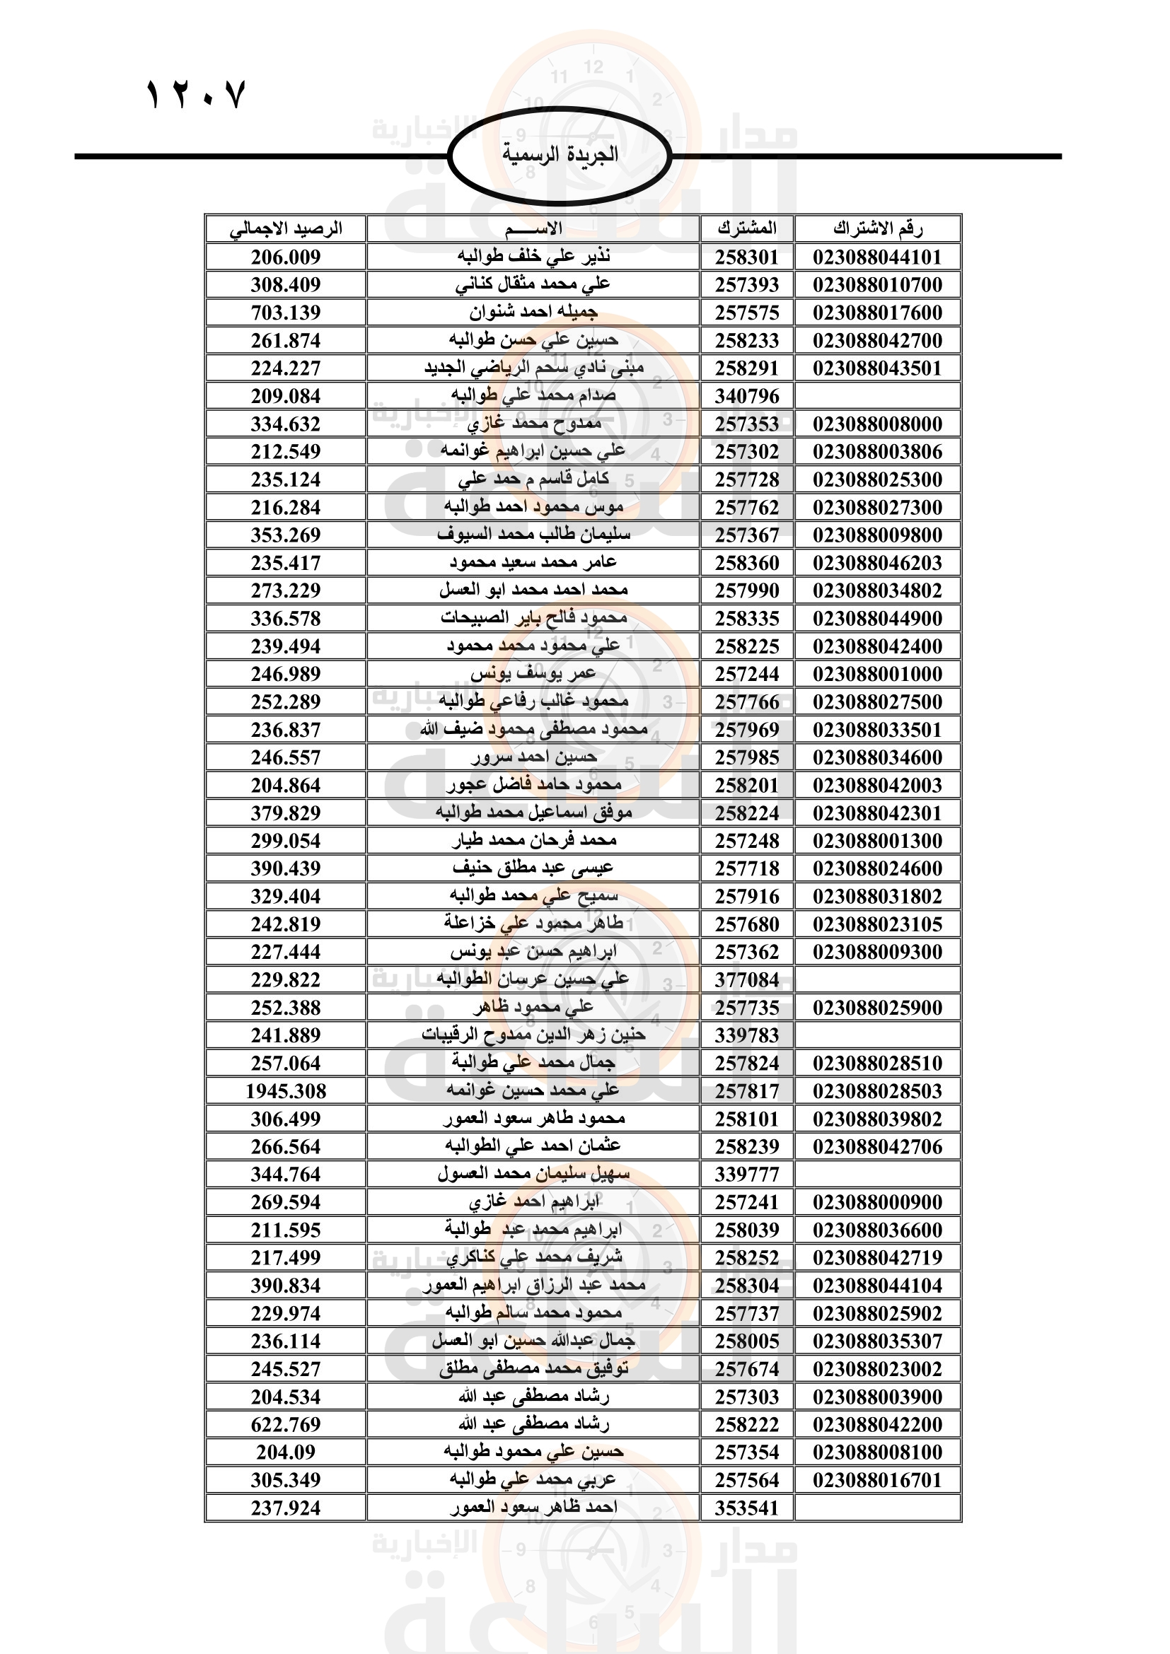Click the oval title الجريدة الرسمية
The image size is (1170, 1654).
[560, 155]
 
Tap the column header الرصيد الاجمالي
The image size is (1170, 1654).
[286, 229]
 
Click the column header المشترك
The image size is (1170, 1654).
[747, 229]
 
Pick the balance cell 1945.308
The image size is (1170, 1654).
[286, 1091]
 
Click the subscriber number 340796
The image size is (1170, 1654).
[747, 396]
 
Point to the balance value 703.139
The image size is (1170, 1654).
[286, 313]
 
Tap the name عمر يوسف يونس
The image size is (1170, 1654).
[533, 675]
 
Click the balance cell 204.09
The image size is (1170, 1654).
[286, 1452]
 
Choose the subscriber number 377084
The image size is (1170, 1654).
[747, 979]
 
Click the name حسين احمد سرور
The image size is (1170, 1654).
[533, 758]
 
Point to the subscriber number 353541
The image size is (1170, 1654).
[747, 1508]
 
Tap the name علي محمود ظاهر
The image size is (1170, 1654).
[533, 1008]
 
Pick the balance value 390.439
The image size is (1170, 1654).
[286, 869]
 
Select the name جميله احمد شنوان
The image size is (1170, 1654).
[533, 313]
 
